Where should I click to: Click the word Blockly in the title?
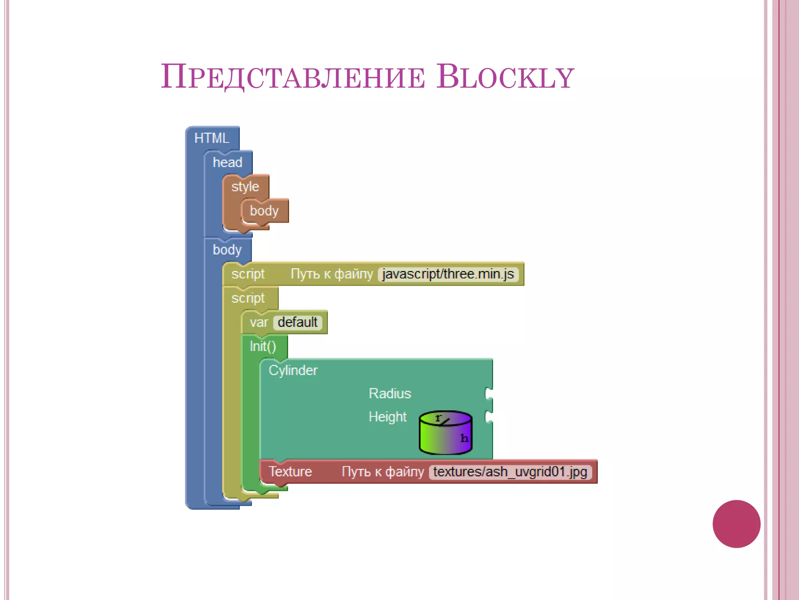[505, 77]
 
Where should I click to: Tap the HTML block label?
[212, 138]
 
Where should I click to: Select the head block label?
[227, 162]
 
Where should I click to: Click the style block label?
[245, 187]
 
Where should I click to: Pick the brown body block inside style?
[264, 211]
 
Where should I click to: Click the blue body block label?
[227, 250]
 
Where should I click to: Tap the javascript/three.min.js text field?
[448, 274]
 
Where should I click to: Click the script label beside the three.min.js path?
[248, 274]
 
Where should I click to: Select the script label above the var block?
[248, 298]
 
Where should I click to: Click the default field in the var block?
[298, 323]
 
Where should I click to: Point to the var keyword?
[259, 323]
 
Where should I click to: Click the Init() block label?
[263, 346]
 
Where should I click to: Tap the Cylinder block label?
[293, 370]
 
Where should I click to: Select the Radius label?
[390, 393]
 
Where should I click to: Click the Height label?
[387, 417]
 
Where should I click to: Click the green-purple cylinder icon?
[445, 433]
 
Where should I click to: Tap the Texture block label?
[290, 472]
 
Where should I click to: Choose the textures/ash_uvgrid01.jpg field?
[510, 472]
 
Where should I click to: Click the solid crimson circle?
[736, 524]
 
